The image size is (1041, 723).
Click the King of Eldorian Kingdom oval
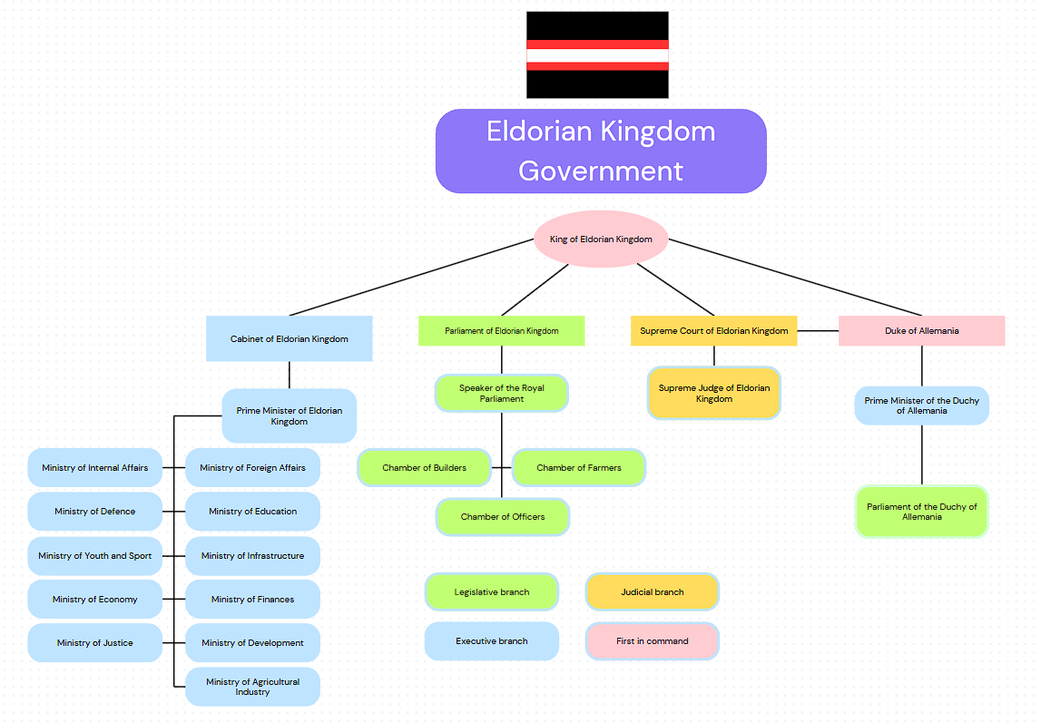click(601, 239)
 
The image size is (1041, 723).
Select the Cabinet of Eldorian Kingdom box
click(289, 338)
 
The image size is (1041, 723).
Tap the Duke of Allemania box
click(921, 331)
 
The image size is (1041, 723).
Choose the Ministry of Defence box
click(94, 512)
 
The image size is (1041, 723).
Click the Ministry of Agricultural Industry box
click(252, 687)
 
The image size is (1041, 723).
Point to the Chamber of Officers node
click(503, 517)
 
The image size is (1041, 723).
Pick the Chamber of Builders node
click(424, 468)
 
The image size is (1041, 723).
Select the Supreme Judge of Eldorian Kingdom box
click(713, 393)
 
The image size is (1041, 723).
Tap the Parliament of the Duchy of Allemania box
click(921, 512)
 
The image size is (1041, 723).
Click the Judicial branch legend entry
click(652, 592)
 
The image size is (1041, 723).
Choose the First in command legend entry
click(652, 641)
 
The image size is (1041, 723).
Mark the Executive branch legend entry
click(491, 641)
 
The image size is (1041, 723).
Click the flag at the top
click(597, 54)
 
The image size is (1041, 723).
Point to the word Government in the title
click(600, 171)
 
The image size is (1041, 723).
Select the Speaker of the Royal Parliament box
click(501, 393)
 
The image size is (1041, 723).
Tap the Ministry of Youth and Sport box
click(94, 556)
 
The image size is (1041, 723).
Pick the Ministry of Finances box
click(252, 600)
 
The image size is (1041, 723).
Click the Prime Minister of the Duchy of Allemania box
click(921, 405)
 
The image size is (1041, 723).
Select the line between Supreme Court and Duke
click(818, 331)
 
